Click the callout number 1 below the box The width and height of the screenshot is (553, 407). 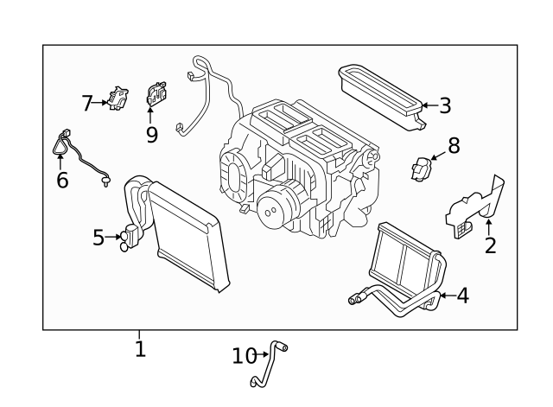point(140,348)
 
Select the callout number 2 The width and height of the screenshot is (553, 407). point(490,245)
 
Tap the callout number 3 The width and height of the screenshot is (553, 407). point(445,106)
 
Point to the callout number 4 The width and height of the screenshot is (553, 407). point(462,296)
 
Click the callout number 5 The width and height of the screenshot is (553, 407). point(99,236)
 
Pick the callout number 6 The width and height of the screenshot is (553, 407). point(62,180)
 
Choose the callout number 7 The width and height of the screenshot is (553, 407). point(87,104)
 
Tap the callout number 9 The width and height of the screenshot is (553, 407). point(152,134)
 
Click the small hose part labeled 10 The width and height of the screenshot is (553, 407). point(270,364)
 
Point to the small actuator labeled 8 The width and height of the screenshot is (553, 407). point(421,169)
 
